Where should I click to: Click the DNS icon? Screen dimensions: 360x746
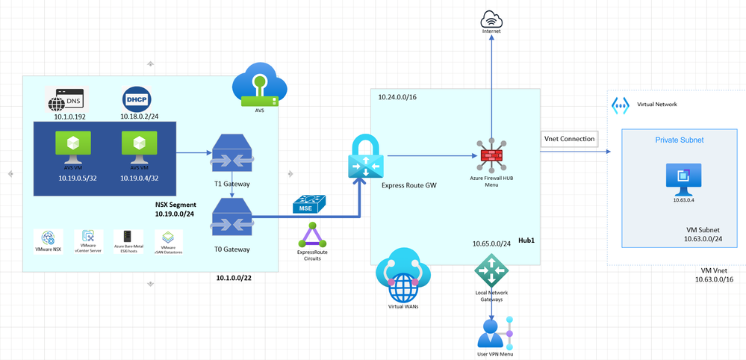(x=66, y=99)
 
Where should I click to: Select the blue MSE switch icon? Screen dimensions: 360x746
(x=308, y=203)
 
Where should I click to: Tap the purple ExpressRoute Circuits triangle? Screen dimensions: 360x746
(x=312, y=235)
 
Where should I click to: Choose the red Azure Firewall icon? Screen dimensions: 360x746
(x=491, y=155)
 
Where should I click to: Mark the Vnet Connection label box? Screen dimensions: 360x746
(x=569, y=139)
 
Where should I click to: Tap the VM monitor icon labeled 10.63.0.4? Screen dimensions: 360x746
(x=679, y=177)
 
